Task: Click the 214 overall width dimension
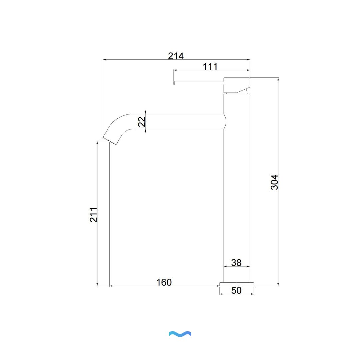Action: [176, 56]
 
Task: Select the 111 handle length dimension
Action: [210, 67]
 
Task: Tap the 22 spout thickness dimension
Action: [142, 122]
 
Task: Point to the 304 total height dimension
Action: [274, 182]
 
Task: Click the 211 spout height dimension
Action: [93, 215]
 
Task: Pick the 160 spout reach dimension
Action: [164, 282]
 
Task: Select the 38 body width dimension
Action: [236, 263]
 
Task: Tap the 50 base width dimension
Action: [236, 290]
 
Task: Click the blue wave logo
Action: [180, 334]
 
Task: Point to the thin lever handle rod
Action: [199, 83]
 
